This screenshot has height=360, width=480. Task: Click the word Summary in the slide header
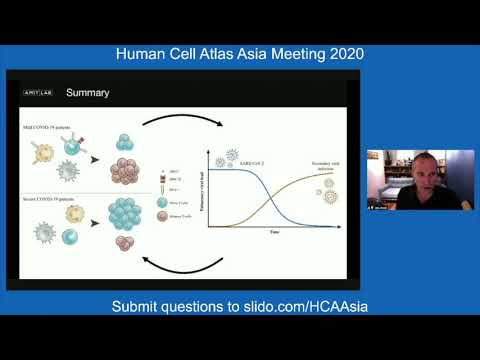pos(87,94)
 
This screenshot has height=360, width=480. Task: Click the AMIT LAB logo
pos(39,93)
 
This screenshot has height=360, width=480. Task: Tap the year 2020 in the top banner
pos(340,53)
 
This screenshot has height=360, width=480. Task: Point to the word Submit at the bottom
pos(139,305)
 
